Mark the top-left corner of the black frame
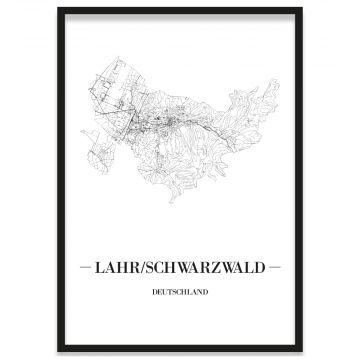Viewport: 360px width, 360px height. tap(58, 9)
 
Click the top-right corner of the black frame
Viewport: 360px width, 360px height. tap(301, 9)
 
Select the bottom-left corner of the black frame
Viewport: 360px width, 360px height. tap(58, 351)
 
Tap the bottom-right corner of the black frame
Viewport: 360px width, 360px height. tap(301, 351)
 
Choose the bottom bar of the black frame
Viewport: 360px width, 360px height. tap(180, 350)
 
